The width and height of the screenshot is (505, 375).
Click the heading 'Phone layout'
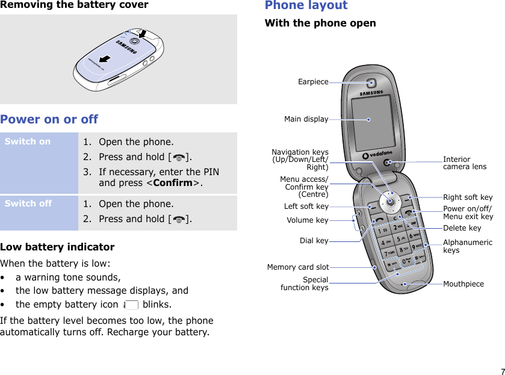click(306, 5)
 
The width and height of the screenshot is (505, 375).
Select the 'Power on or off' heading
click(49, 119)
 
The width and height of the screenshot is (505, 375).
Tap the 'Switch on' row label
click(28, 142)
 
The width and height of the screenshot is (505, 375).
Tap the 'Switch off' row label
click(28, 203)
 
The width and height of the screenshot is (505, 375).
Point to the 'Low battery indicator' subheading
click(57, 247)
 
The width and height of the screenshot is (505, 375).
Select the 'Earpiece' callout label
click(313, 82)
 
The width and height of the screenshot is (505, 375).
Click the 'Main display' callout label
click(306, 119)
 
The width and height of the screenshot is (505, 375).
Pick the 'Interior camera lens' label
click(465, 163)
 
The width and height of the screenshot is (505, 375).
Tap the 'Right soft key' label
click(468, 197)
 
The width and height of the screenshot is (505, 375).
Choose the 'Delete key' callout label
click(462, 228)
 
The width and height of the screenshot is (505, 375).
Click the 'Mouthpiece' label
click(463, 284)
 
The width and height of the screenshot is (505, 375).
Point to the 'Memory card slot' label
click(298, 267)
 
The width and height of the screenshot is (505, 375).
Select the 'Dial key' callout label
click(314, 241)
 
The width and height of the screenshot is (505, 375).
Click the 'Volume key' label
click(308, 220)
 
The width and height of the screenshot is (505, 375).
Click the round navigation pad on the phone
click(391, 201)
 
